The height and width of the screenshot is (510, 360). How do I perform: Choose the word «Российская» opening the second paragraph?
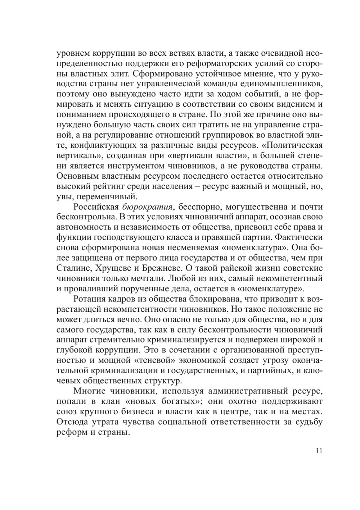(96, 207)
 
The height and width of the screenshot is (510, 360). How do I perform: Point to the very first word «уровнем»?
(71, 54)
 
